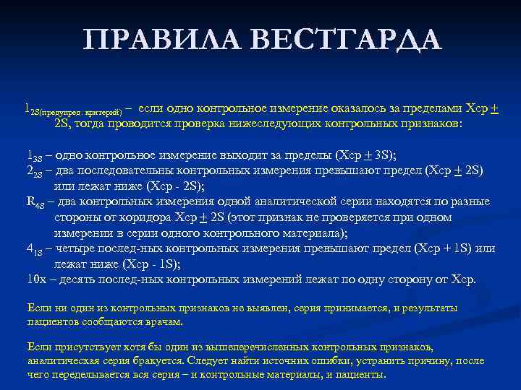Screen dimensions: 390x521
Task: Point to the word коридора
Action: (147, 217)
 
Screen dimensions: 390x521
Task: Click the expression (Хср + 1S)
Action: (445, 248)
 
